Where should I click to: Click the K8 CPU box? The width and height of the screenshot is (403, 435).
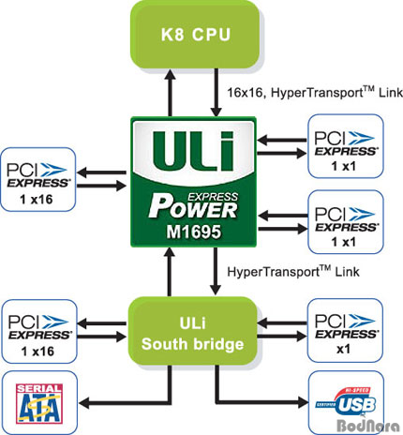coord(196,35)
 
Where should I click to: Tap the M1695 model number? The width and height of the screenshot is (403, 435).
coord(194,232)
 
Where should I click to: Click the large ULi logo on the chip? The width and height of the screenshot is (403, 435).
coord(194,150)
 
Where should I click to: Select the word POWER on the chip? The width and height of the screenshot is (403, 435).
coord(193,207)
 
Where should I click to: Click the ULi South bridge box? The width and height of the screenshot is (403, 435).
coord(193,331)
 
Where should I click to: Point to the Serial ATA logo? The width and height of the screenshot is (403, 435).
coord(39,404)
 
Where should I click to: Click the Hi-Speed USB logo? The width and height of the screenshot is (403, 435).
coord(346,402)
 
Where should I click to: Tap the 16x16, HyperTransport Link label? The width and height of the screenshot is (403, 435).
coord(315,93)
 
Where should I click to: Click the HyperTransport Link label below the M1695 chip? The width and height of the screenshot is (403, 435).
coord(293,271)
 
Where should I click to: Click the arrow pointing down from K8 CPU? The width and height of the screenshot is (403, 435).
coord(216,93)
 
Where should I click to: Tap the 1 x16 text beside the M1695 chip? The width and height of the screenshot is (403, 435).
coord(37,200)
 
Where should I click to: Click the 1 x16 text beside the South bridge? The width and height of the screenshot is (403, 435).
coord(37,352)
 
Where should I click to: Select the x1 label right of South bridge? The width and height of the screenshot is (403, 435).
coord(343,349)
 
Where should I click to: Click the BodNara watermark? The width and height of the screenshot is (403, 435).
coord(368,426)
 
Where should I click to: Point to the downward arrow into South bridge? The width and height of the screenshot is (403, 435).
coord(216,271)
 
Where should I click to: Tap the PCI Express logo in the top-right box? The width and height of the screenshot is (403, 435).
coord(346,143)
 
